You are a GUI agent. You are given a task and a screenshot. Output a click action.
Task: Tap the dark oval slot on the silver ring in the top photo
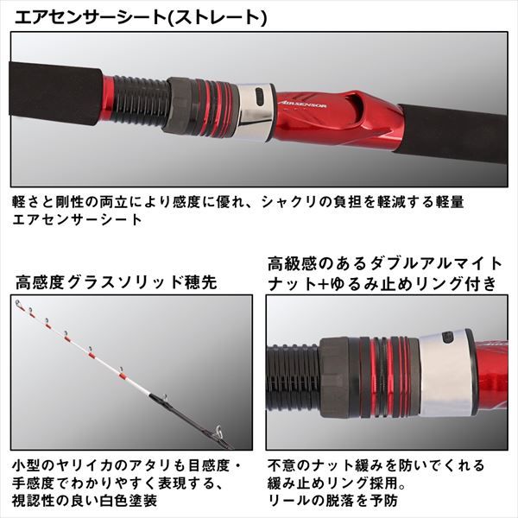260,98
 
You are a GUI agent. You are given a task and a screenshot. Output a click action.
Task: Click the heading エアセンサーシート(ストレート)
141,17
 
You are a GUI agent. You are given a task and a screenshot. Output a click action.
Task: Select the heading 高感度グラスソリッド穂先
116,282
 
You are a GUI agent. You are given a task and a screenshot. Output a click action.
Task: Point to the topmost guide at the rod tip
18,303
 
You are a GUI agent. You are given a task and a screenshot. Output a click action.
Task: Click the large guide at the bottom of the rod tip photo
218,431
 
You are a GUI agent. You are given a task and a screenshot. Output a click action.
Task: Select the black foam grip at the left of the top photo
56,92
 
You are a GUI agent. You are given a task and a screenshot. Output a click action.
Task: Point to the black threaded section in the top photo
142,103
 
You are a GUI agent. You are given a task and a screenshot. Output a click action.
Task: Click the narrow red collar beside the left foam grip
108,99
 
